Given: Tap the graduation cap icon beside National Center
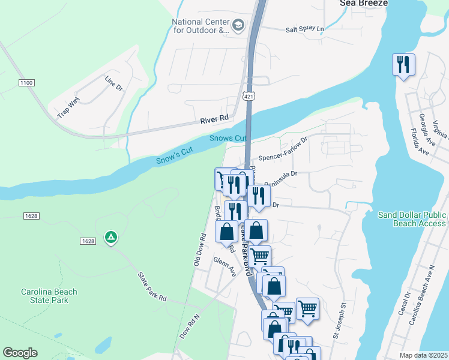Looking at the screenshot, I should coord(238,25).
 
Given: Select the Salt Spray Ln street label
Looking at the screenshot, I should coord(304,29).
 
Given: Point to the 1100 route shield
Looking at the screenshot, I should coord(26,82).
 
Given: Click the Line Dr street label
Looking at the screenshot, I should coord(113,83).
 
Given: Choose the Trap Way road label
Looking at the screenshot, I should coord(68,109).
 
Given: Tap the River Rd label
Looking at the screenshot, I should coord(215,119).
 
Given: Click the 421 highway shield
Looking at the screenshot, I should coord(248,97).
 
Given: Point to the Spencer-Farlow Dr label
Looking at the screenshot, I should coord(283,147).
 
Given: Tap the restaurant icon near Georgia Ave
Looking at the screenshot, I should coord(403,64).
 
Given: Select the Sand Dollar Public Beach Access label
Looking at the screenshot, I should coord(412,219).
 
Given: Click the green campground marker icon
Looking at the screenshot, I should coord(110,238).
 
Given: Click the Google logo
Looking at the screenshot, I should coord(20,353).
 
